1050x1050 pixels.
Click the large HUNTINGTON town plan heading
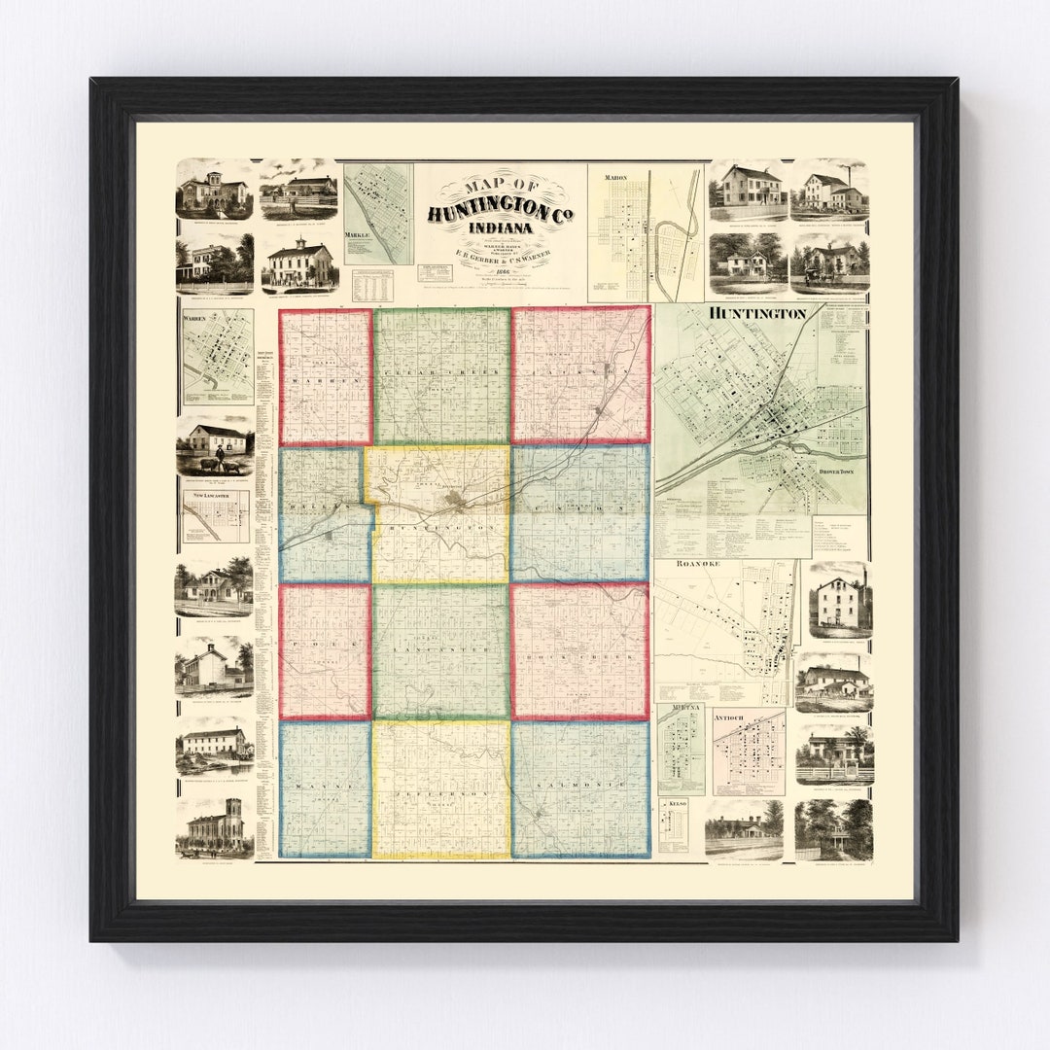point(758,314)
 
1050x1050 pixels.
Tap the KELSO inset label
point(672,805)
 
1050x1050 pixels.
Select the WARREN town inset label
point(196,317)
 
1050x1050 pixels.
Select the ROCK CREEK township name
point(580,657)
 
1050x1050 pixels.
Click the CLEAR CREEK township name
point(440,373)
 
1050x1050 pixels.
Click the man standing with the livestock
point(219,457)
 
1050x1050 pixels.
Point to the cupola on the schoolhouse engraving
point(300,242)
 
